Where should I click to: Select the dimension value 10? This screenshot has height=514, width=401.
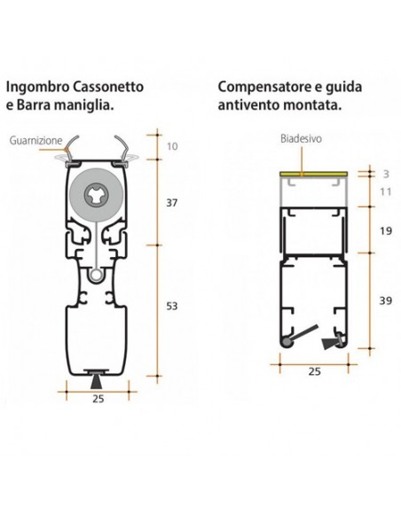tap(172, 145)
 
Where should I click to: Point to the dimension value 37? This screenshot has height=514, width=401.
tap(172, 203)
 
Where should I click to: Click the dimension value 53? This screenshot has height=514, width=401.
tap(172, 306)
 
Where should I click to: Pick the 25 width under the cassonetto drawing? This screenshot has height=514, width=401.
tap(98, 399)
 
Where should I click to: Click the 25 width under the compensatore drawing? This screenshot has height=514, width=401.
tap(314, 373)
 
